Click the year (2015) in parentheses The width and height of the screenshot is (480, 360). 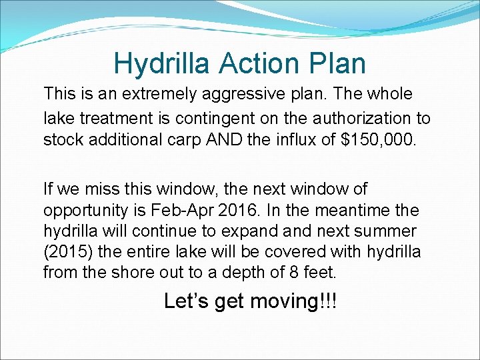(x=66, y=251)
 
